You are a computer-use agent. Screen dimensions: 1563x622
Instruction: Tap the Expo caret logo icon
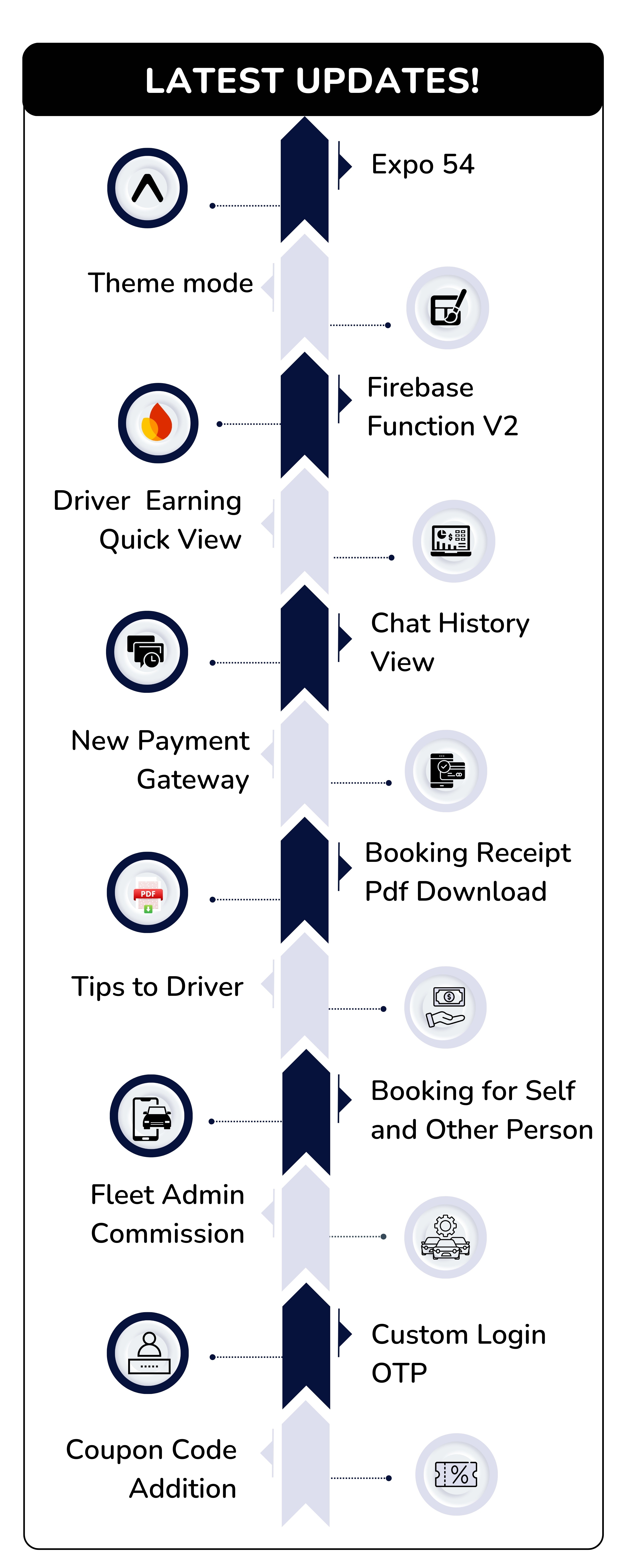147,188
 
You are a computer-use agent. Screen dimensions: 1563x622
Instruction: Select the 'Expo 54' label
422,164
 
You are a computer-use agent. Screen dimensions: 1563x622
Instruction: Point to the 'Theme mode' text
170,283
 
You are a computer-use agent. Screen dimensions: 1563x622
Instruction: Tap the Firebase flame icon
158,423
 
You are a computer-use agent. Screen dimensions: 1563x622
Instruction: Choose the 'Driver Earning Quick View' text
147,520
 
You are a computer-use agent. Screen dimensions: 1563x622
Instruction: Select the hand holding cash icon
445,1007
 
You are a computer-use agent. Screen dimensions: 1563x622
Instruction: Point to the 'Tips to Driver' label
157,987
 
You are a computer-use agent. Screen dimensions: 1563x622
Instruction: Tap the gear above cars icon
445,1237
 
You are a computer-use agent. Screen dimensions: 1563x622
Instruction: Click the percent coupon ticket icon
456,1474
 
